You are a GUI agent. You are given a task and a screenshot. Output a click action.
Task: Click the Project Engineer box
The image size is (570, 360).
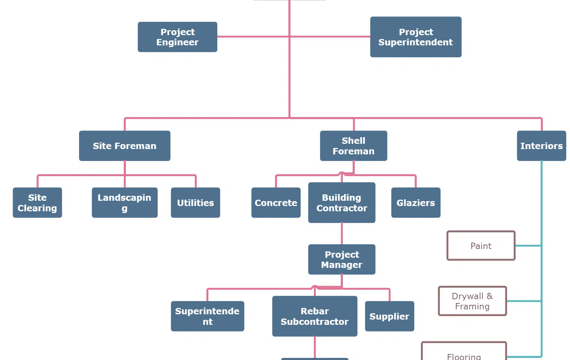[x=177, y=37]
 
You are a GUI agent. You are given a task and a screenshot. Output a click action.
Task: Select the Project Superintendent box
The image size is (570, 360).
[x=416, y=37]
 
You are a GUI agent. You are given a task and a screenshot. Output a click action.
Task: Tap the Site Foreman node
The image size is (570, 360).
[x=124, y=146]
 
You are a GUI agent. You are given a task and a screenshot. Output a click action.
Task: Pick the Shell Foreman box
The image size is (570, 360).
[x=353, y=146]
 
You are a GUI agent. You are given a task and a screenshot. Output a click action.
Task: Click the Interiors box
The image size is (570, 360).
[x=541, y=146]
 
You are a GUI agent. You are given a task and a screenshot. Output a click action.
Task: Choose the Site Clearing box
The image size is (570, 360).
[x=37, y=202]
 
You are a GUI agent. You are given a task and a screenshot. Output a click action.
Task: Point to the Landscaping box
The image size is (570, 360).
[x=124, y=202]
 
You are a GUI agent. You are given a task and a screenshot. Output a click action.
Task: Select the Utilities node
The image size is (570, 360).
[x=196, y=202]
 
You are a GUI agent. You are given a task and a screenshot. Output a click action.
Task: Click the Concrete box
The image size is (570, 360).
[x=276, y=202]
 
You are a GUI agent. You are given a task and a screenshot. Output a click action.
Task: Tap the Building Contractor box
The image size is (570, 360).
[x=341, y=202]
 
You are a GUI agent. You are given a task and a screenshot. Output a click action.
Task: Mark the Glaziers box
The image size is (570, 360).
[x=416, y=202]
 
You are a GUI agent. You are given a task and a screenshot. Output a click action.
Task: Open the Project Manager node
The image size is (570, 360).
[x=341, y=259]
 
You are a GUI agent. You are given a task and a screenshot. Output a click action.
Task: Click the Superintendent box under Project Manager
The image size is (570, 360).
[x=207, y=316]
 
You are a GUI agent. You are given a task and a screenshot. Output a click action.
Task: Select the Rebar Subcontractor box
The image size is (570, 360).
[x=315, y=316]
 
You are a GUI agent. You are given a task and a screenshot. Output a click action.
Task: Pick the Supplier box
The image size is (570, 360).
[x=389, y=316]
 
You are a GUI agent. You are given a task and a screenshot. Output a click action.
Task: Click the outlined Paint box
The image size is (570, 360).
[x=481, y=246]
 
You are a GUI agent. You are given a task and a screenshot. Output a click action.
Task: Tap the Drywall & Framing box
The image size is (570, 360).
[x=472, y=301]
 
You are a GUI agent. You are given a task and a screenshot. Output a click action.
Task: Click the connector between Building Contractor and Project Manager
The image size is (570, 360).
[x=342, y=233]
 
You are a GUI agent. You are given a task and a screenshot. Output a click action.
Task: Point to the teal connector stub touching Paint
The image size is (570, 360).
[x=528, y=246]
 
